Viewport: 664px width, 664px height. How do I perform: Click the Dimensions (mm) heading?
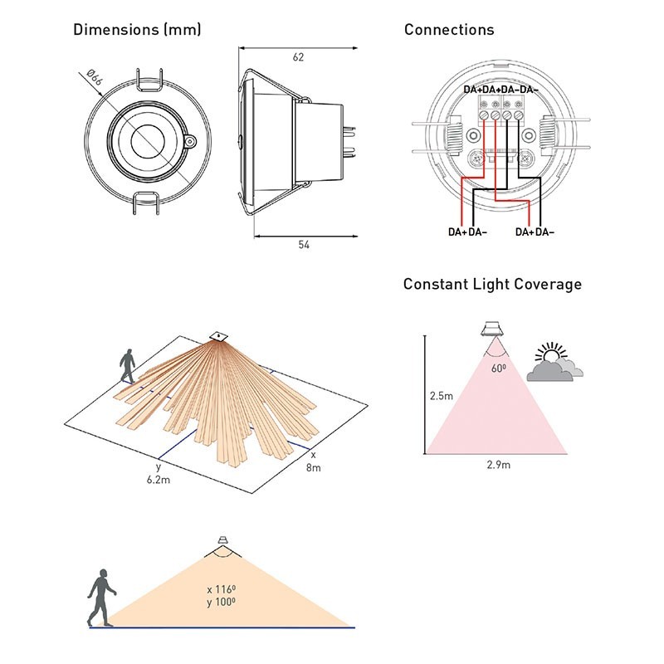click(137, 31)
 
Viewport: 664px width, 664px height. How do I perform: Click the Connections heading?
click(449, 31)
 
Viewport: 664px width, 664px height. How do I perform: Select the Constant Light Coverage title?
click(492, 285)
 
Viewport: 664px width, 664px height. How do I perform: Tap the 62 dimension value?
click(299, 57)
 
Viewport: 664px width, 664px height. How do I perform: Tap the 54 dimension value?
click(298, 247)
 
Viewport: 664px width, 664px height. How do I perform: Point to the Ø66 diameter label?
click(93, 79)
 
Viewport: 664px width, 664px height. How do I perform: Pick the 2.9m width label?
click(498, 465)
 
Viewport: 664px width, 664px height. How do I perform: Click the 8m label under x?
click(315, 470)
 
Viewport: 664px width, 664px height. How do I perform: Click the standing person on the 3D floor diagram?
click(127, 366)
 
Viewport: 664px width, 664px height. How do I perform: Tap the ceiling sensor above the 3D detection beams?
click(217, 335)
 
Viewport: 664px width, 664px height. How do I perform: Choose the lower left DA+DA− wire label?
click(468, 232)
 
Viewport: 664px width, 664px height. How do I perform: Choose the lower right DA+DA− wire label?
click(535, 232)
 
